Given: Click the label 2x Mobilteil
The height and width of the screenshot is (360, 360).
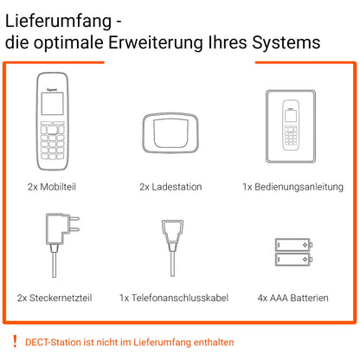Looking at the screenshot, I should pos(53,186).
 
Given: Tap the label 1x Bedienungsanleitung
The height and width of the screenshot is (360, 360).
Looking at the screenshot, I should pos(292,186).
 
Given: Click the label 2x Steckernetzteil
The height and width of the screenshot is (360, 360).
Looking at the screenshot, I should pos(54,298).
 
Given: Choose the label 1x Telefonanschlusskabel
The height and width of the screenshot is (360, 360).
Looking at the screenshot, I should pos(172,298).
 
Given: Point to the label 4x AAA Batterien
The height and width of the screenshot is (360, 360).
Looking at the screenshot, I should pos(292,298).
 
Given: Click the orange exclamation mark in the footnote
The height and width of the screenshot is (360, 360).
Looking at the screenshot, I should pos(15,341).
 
